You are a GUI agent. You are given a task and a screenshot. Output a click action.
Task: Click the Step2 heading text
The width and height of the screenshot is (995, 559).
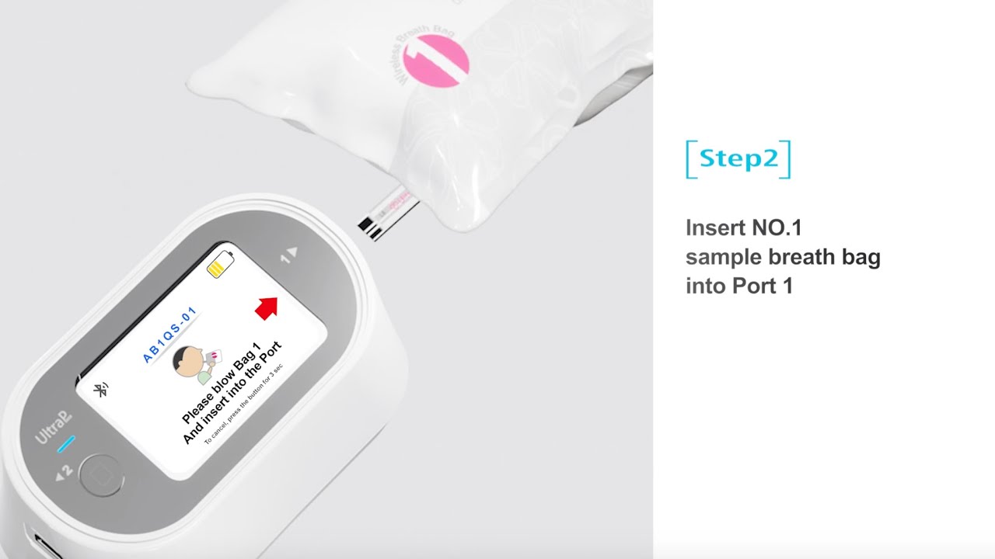pos(738,159)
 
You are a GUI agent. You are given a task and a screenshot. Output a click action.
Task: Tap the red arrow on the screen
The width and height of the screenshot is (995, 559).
pos(267,307)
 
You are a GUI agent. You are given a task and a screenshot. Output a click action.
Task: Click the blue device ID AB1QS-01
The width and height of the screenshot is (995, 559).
pos(169,335)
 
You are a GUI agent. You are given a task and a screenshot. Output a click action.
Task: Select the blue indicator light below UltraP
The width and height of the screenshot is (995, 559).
pos(66,444)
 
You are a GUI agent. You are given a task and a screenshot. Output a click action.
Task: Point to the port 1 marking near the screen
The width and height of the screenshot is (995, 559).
pos(289,255)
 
